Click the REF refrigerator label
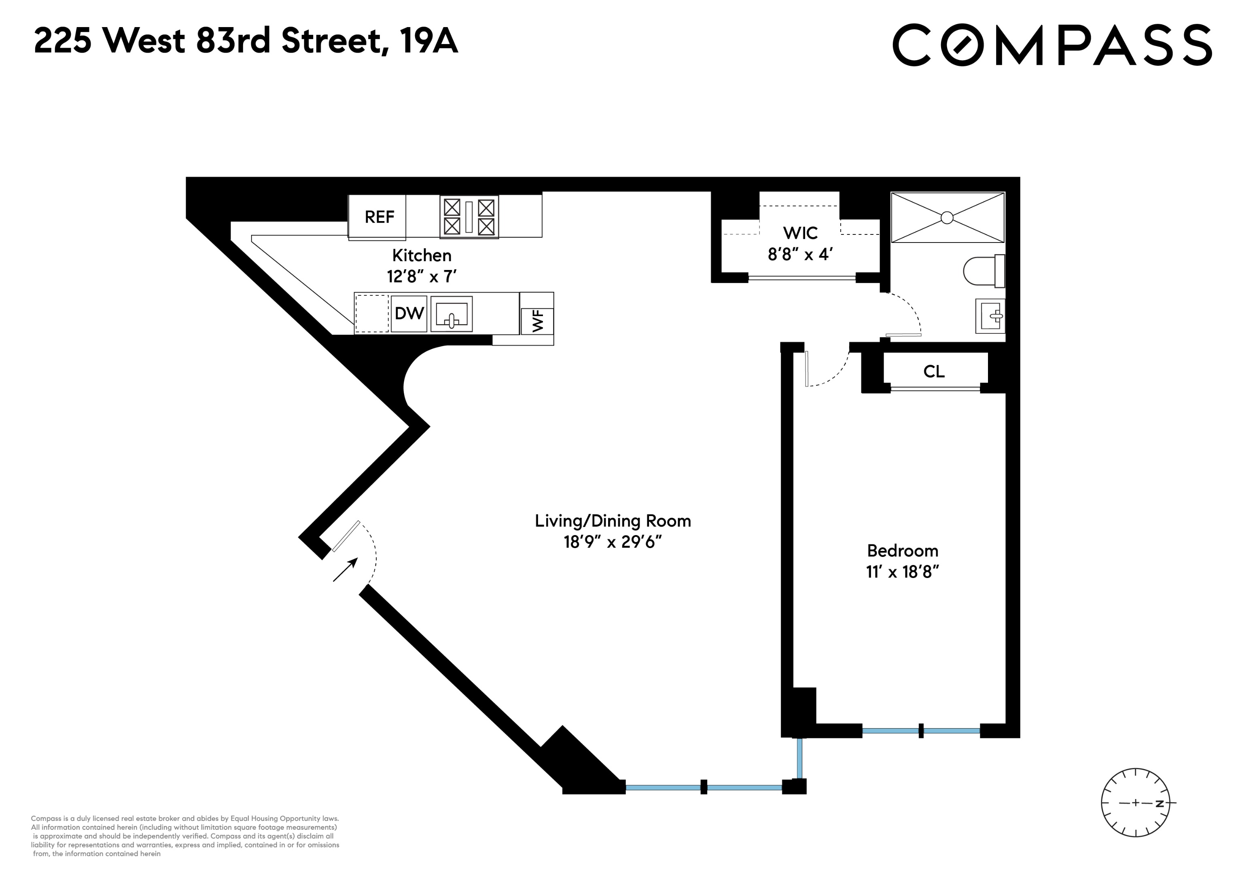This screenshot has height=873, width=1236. pos(379,217)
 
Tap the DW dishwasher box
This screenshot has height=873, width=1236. pos(409,313)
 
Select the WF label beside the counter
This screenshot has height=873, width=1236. pos(538,321)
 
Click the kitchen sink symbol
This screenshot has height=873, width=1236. pos(451,314)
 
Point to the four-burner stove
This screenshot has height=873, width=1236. pos(469,217)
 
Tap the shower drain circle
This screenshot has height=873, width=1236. pos(947,218)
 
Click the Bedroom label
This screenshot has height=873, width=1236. pos(902,551)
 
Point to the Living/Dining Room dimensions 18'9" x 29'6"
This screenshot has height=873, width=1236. pos(612,542)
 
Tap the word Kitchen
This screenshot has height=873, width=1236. pos(422,255)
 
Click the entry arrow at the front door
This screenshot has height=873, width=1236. pos(345,570)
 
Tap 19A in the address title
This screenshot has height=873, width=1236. pos(428,41)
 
